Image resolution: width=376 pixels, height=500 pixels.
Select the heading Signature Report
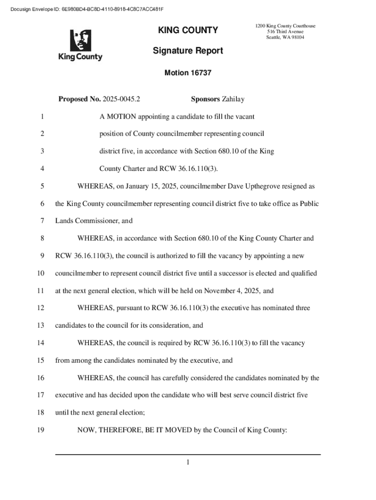tap(188, 51)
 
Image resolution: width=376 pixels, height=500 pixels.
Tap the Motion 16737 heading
tap(188, 73)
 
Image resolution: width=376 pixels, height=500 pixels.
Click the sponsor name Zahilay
tap(233, 100)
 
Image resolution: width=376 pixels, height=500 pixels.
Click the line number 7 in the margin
tap(42, 221)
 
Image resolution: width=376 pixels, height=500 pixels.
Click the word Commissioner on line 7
tap(97, 221)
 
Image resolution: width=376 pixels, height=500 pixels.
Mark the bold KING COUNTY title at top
tap(188, 31)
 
